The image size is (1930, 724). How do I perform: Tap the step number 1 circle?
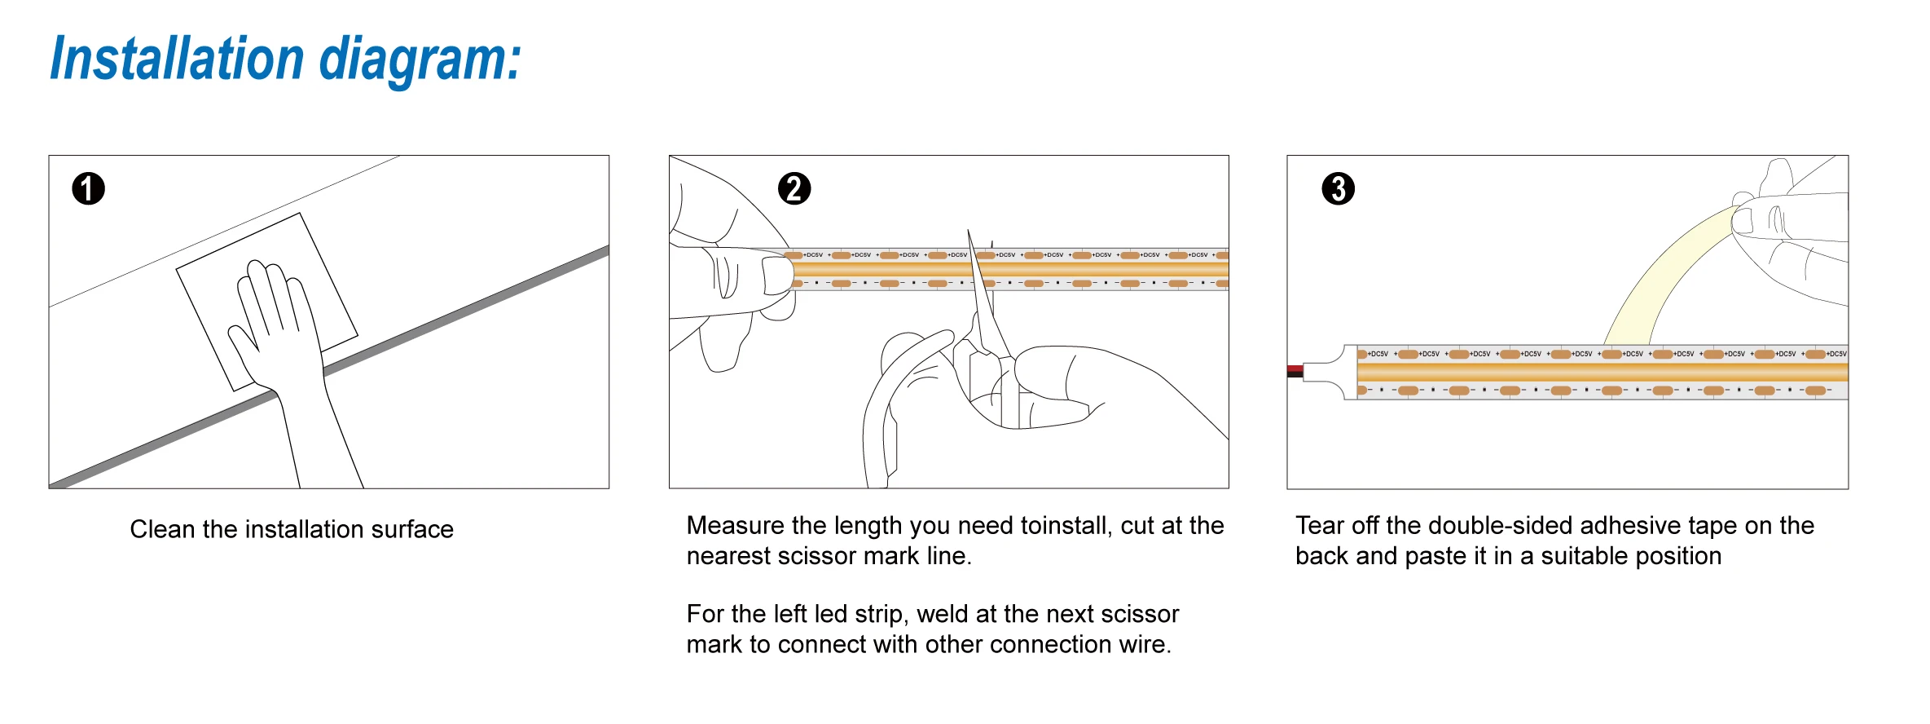(89, 189)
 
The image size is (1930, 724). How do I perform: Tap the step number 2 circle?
(794, 189)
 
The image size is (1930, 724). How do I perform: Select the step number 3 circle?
(1338, 189)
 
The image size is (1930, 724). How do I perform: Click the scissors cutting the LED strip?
(986, 326)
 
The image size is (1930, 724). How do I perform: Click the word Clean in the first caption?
(162, 530)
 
